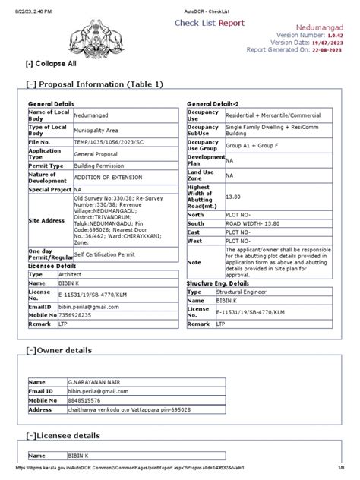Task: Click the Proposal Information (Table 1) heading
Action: click(94, 84)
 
